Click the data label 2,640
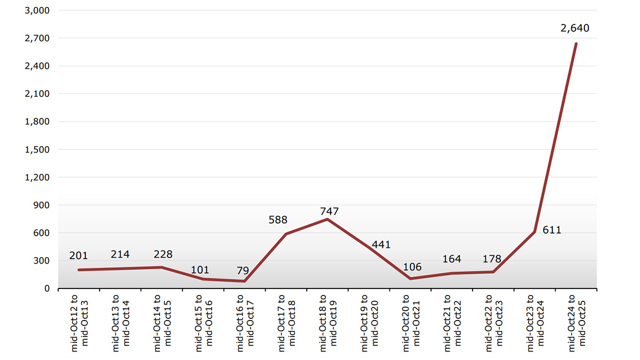click(x=575, y=28)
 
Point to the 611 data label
click(x=552, y=230)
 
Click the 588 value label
click(x=278, y=220)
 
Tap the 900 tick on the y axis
click(x=42, y=205)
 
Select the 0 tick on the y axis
click(x=47, y=289)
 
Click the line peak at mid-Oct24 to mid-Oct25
click(x=576, y=44)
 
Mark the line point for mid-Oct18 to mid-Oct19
click(x=327, y=219)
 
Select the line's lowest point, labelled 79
click(x=245, y=281)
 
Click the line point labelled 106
click(x=410, y=278)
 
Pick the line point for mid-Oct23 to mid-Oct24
click(x=534, y=232)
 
